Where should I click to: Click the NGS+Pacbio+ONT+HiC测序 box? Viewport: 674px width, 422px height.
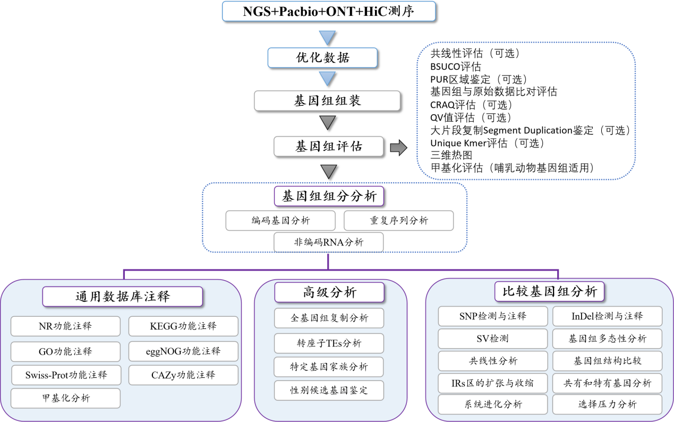(328, 11)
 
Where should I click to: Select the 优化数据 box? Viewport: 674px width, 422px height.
(323, 57)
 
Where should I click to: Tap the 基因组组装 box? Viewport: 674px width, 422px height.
(327, 100)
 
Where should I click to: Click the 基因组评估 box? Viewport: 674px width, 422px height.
(329, 146)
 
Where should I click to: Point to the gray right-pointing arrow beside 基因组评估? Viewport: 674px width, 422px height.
(398, 147)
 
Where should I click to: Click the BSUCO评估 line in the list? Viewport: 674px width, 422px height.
(456, 66)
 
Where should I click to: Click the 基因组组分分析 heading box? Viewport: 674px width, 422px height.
(329, 196)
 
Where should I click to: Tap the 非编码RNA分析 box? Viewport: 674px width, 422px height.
(329, 242)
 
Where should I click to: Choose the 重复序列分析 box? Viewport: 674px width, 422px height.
(399, 221)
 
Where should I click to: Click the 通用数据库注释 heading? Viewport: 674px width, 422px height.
(123, 297)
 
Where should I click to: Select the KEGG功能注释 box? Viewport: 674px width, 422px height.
(183, 326)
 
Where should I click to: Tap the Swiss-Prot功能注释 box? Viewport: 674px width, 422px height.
(66, 375)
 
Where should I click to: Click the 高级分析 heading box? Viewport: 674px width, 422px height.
(329, 292)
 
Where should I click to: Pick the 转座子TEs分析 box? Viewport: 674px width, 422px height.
(329, 343)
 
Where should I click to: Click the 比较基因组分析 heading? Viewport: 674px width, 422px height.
(550, 291)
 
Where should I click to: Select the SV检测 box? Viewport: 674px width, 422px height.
(493, 339)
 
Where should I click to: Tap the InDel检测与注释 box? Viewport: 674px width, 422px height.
(607, 316)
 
